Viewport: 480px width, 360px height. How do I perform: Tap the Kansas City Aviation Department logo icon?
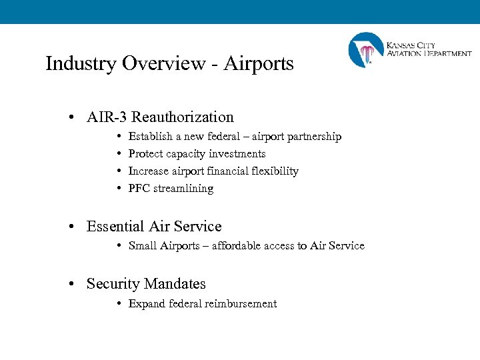pos(366,51)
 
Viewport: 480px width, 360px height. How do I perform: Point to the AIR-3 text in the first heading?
pos(107,117)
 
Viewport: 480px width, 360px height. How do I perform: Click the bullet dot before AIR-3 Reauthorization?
pos(71,118)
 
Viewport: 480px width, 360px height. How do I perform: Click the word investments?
pos(235,154)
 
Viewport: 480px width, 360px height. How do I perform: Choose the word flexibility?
pos(273,171)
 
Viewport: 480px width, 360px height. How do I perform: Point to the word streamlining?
pos(184,189)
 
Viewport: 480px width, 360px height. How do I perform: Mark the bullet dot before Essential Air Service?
pos(71,227)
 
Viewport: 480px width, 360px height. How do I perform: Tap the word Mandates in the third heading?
pos(175,284)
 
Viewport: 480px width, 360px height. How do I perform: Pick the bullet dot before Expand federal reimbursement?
pos(118,304)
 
